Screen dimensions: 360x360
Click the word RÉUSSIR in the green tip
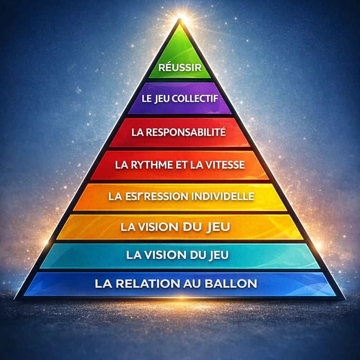coord(180,67)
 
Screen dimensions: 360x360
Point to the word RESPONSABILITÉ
coord(185,132)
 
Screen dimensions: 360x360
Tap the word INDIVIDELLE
coord(223,196)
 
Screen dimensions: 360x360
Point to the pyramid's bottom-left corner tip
coord(16,299)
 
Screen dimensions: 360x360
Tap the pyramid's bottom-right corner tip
coord(344,299)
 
